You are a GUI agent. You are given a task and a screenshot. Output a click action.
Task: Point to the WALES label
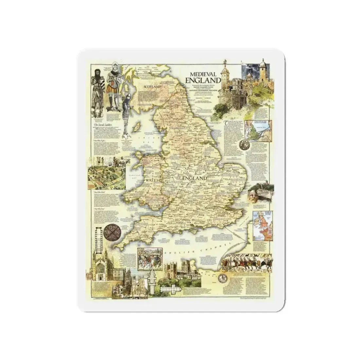coord(152,180)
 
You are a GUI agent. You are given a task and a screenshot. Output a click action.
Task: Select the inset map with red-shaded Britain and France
coord(261,224)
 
